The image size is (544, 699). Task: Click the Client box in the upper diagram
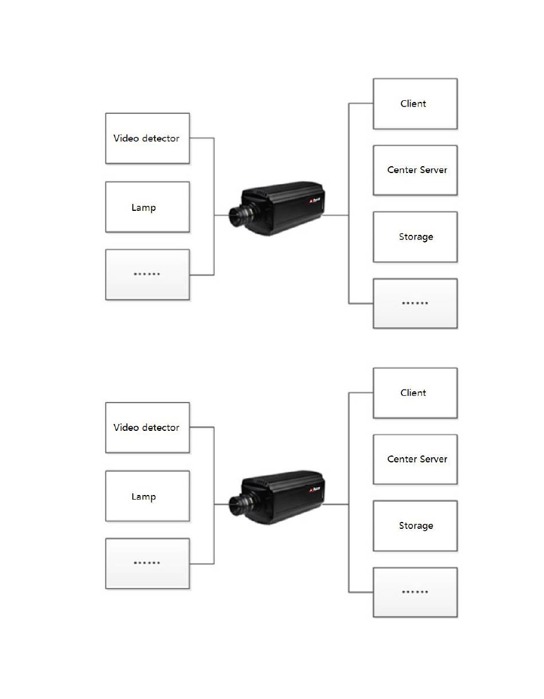pos(415,104)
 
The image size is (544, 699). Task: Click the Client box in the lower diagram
pos(415,393)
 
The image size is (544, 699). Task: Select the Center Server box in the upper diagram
pos(415,170)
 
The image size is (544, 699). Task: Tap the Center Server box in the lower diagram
pos(415,460)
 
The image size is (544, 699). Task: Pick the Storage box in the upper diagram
pos(415,237)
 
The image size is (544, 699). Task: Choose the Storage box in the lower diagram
pos(415,526)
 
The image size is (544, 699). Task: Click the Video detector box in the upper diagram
pos(147,138)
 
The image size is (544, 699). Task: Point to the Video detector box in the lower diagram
pos(147,427)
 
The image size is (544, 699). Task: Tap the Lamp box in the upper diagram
pos(147,207)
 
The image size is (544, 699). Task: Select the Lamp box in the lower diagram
pos(147,497)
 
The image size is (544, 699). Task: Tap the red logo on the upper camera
pos(312,202)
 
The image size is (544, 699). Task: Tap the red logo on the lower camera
pos(312,491)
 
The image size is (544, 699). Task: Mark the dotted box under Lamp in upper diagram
pos(147,274)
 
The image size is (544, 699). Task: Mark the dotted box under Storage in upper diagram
pos(415,304)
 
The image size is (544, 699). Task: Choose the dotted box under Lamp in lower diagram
pos(147,564)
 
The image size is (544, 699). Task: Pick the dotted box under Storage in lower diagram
pos(415,592)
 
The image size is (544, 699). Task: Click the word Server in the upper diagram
pos(433,170)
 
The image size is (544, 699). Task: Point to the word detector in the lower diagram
pos(159,427)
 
